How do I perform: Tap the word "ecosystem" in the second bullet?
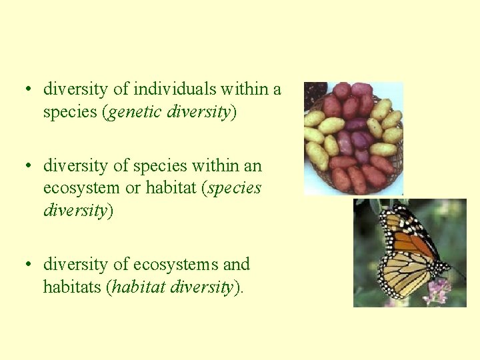click(82, 188)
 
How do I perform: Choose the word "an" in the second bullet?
click(253, 165)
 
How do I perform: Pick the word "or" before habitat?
click(133, 188)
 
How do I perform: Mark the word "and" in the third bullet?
click(235, 264)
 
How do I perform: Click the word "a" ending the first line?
click(277, 88)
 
